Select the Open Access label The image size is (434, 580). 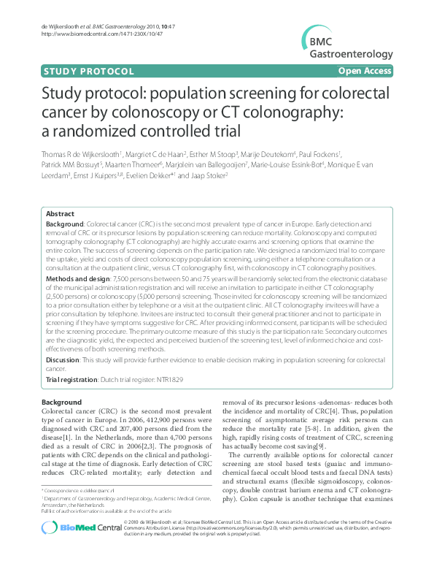click(365, 72)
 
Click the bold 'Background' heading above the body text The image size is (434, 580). click(62, 402)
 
